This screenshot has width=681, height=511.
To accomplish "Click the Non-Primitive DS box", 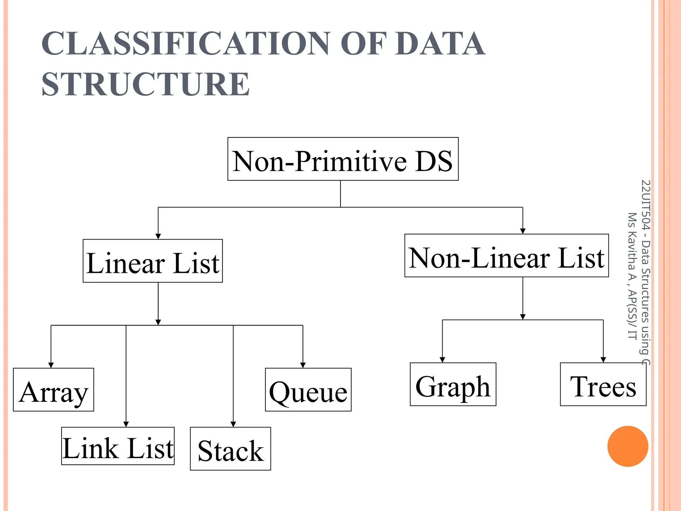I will point(343,159).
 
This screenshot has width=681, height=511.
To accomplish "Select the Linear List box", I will point(153,261).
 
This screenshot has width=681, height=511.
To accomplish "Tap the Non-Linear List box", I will point(506,255).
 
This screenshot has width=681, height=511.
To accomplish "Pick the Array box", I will point(54,390).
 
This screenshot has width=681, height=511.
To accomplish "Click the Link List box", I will point(118,446).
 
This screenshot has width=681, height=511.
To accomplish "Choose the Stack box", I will point(230,448).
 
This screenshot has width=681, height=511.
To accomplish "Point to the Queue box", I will point(308,390).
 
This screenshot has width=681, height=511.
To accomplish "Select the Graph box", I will point(453,384).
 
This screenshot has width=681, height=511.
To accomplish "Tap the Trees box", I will point(603,384).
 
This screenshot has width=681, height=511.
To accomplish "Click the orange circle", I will point(627,446).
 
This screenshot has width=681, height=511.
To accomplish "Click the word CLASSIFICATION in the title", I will point(186,44).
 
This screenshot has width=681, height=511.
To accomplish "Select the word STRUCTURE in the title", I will point(146,84).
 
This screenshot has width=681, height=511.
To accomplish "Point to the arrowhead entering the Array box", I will point(51,365).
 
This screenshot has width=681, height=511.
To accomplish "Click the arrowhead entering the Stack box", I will point(233,424).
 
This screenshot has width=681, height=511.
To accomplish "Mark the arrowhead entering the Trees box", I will point(603,360).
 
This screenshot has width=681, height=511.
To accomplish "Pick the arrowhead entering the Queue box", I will point(303,365).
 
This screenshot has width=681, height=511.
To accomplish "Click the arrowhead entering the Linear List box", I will point(158,237).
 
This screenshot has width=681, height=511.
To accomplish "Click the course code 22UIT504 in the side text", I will point(645,205).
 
